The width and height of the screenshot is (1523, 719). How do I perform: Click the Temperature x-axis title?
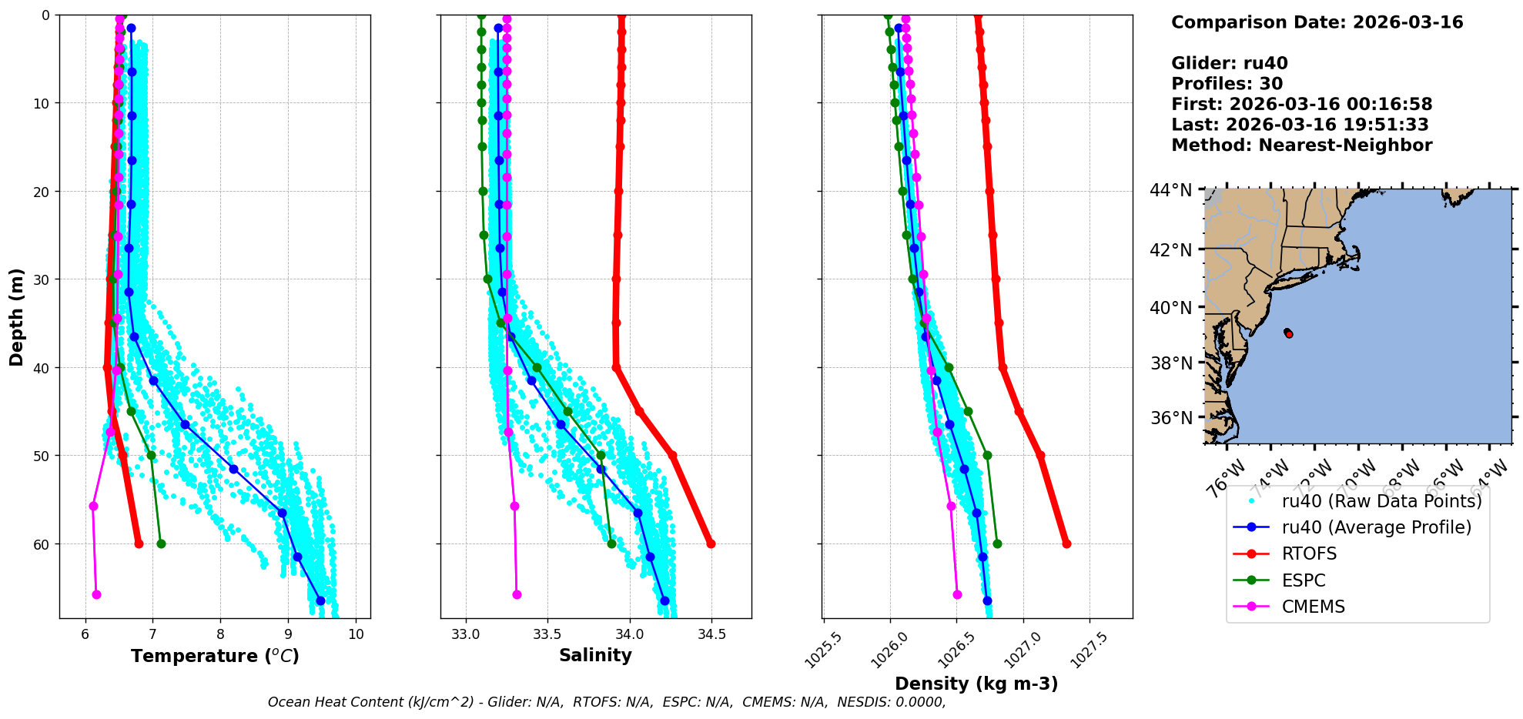point(215,656)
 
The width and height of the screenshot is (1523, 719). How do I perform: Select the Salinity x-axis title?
point(595,655)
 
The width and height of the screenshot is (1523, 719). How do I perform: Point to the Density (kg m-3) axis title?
point(976,684)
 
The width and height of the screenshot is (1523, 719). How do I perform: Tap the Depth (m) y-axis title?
point(17,317)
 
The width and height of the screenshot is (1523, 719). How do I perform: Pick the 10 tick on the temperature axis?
point(356,634)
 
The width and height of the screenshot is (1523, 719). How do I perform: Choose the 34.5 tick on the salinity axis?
point(711,634)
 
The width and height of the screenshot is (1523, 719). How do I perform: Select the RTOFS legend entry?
point(1309,554)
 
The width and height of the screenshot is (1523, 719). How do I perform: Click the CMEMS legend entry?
point(1313,607)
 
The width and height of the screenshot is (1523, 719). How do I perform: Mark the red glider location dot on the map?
point(1289,333)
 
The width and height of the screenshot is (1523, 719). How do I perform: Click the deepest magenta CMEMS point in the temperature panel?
point(96,594)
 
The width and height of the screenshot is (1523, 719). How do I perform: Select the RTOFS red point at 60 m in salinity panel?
point(711,543)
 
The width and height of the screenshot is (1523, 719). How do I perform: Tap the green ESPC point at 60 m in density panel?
point(997,543)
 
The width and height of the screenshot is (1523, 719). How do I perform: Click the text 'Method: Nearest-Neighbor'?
point(1301,145)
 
